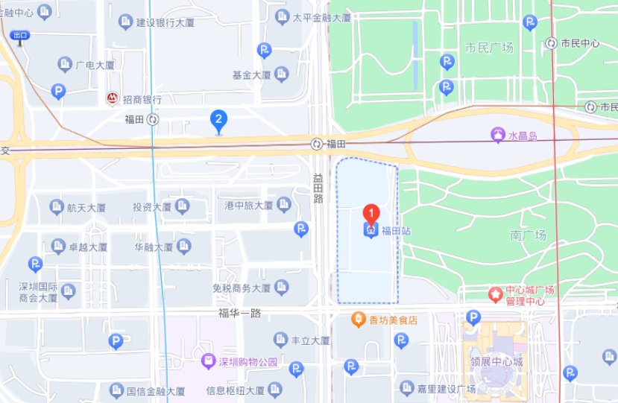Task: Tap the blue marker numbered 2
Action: point(218,119)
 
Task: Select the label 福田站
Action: point(397,231)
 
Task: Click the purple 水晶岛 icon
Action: point(497,135)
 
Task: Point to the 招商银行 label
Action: point(142,99)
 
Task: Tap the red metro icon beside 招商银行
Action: point(112,98)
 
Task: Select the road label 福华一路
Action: point(239,313)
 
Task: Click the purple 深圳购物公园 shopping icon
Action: point(209,362)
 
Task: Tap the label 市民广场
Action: point(489,48)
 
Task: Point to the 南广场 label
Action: point(529,235)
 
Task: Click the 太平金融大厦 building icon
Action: point(281,18)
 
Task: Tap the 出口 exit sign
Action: point(20,35)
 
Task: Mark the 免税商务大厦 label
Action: point(241,288)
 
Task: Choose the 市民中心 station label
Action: point(580,43)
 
